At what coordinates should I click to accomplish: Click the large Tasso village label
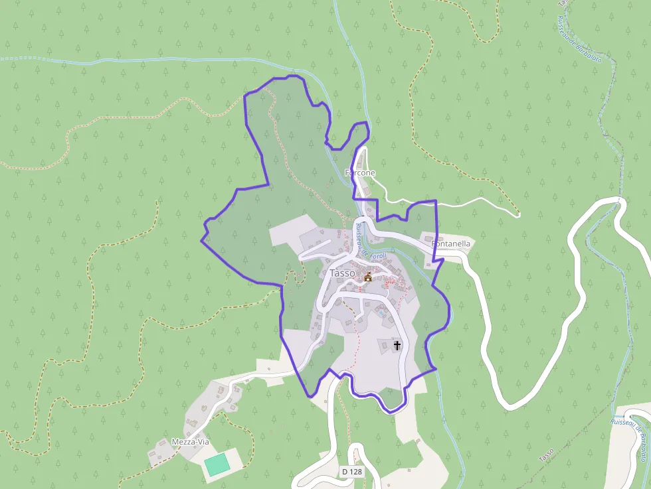342,273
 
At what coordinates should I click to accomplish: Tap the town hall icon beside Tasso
367,276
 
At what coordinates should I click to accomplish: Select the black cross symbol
397,345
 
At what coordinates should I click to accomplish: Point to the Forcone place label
360,173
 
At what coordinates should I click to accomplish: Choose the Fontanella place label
451,244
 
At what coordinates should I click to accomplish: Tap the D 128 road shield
352,472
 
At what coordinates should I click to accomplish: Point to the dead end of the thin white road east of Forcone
519,215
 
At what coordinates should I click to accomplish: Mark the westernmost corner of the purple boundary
202,240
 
